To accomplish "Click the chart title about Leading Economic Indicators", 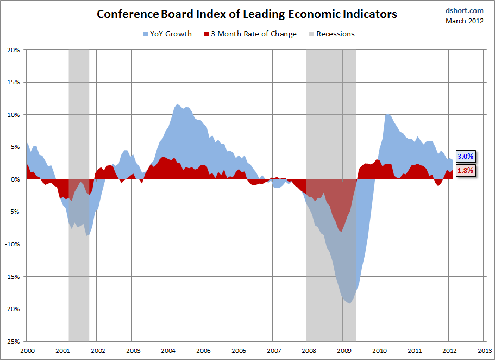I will pos(247,14).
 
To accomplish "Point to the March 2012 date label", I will pos(465,21).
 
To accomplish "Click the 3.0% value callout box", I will pos(465,156).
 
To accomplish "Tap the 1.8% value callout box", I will pos(465,170).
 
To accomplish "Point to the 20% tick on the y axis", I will pos(13,50).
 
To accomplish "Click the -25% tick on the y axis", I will pos(12,342).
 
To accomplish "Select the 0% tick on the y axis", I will pos(15,179).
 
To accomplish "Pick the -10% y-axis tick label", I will pos(12,244).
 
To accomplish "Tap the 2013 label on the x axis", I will pos(485,351).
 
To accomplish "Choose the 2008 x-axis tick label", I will pos(309,351).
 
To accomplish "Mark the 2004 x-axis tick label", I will pos(167,351).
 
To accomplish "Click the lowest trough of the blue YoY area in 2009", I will pos(350,303).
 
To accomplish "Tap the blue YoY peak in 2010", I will pos(386,114).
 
